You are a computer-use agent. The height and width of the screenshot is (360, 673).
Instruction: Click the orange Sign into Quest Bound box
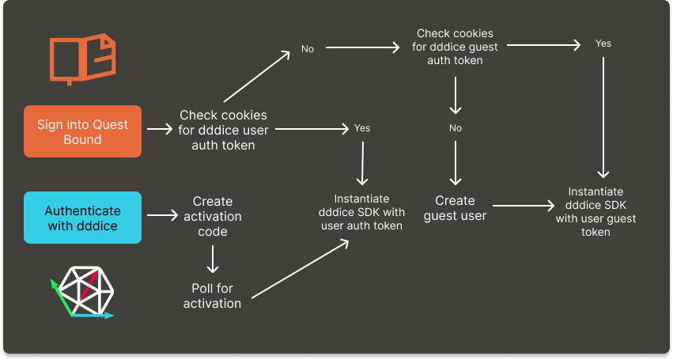(x=83, y=131)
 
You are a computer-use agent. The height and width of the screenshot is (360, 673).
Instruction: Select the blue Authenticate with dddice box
(x=83, y=218)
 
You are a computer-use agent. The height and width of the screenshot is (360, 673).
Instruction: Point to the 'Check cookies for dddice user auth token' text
(x=223, y=130)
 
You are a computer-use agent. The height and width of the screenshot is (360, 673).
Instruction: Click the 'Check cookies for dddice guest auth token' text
(x=455, y=47)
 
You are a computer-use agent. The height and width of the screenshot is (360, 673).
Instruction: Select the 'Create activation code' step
(x=212, y=216)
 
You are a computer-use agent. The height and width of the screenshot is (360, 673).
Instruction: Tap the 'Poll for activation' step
(x=212, y=296)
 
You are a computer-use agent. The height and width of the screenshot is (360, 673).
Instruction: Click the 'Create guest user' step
(x=455, y=207)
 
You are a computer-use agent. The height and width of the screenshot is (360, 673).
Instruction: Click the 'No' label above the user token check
(x=308, y=49)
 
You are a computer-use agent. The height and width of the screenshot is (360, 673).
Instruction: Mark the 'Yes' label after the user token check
(x=362, y=127)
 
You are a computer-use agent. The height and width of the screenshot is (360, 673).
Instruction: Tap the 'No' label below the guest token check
(x=456, y=128)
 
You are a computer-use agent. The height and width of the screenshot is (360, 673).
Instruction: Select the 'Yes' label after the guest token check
(x=603, y=44)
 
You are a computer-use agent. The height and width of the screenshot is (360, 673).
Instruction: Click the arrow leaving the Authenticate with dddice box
(x=163, y=215)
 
